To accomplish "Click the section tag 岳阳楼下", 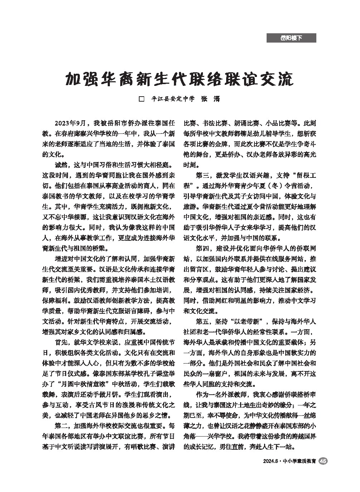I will pos(291,38).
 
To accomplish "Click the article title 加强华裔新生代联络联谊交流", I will pos(179,79).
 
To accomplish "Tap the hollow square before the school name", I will pos(141,99).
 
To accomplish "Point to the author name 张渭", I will pos(210,99).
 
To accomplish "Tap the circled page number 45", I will pos(323,461).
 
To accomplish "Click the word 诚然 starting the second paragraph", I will pos(61,166).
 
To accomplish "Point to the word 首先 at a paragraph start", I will pos(61,342).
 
